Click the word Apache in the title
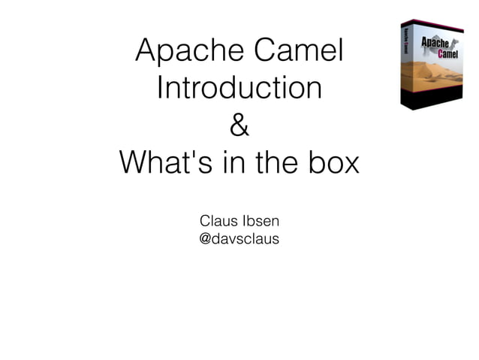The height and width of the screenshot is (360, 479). point(187,52)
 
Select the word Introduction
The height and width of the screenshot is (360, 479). point(239,89)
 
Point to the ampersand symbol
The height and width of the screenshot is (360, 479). point(239,126)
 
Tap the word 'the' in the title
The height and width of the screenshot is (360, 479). point(273,162)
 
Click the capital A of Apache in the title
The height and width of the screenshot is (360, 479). point(147,52)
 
